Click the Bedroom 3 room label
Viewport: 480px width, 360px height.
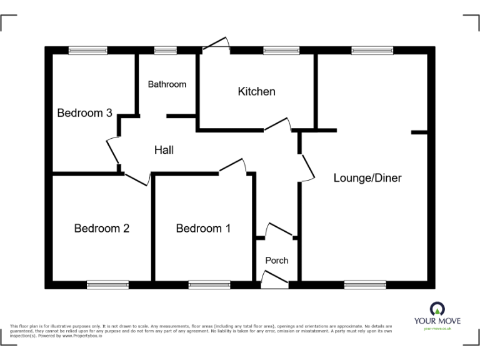[x=84, y=113]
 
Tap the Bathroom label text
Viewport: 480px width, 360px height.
[x=167, y=84]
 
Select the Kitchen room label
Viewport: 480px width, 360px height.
[x=256, y=92]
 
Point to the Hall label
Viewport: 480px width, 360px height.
[x=164, y=150]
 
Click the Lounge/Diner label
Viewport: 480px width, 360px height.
[x=367, y=178]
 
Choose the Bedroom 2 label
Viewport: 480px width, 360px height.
[x=101, y=229]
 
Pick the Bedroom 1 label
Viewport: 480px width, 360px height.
[x=203, y=229]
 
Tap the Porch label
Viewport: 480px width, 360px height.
[x=277, y=260]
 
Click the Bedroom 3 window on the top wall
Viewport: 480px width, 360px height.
[x=87, y=51]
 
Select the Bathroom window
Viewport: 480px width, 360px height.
[x=166, y=51]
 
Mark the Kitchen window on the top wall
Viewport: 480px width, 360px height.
[x=281, y=51]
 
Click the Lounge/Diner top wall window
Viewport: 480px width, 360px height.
[x=372, y=51]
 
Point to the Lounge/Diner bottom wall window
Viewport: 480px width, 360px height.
[x=365, y=284]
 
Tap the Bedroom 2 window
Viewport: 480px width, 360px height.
[x=107, y=284]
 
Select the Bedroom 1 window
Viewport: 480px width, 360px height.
[x=209, y=284]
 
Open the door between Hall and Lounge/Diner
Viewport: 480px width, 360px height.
[x=307, y=166]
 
